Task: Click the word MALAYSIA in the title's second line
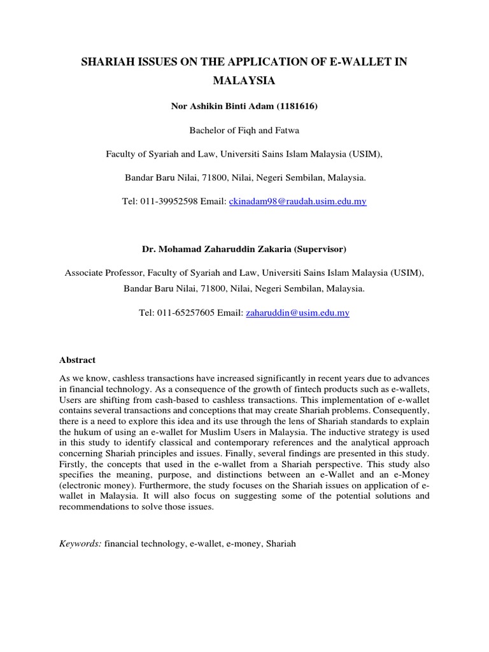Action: [x=244, y=81]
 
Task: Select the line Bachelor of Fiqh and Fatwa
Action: [x=244, y=131]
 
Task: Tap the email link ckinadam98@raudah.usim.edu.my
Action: [x=297, y=201]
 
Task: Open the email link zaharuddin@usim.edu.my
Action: [x=297, y=313]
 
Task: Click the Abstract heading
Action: [x=77, y=360]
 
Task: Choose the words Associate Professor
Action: [x=103, y=273]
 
